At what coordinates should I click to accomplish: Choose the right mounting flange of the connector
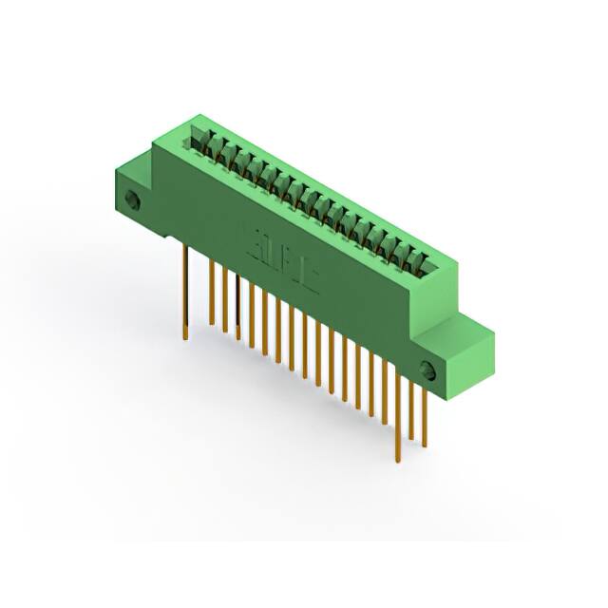coord(446,361)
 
